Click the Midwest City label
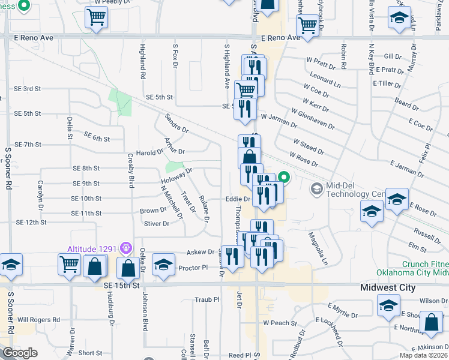(388, 287)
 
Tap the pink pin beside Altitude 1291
(125, 247)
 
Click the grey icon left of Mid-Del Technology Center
(316, 190)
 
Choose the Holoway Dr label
(176, 175)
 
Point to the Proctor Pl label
(193, 268)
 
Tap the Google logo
(20, 353)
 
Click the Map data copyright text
(424, 356)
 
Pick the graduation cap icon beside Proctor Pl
(163, 265)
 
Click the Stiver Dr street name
(157, 223)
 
